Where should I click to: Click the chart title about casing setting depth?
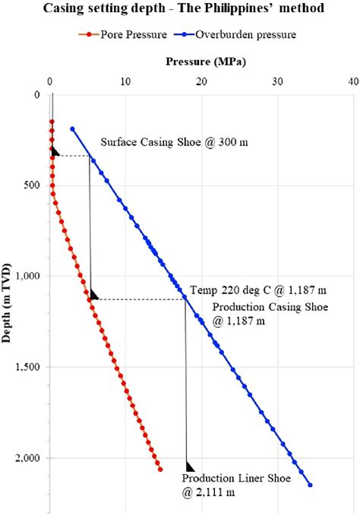coord(184,8)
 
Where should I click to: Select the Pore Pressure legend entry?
coord(123,34)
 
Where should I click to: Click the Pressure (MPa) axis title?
coord(206,62)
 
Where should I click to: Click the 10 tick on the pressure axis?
coord(125,82)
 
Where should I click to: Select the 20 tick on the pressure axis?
coord(202,82)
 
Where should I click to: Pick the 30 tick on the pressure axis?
coord(278,82)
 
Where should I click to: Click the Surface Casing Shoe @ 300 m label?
coord(174,142)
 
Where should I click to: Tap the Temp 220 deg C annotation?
coord(258,290)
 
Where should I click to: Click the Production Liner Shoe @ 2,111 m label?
coord(236,485)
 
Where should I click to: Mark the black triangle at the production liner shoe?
coord(190,466)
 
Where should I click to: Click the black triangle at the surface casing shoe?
coord(55,152)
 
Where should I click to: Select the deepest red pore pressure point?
coord(160,469)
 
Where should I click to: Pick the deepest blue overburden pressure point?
coord(310,485)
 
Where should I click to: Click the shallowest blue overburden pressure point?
coord(72,129)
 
